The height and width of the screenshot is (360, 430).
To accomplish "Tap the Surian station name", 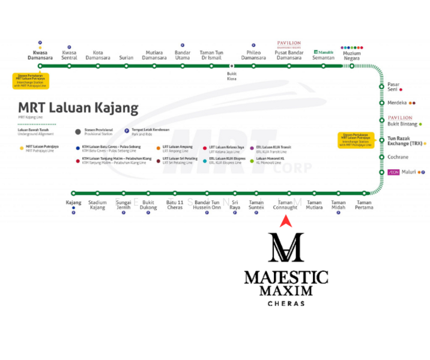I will point(126,58).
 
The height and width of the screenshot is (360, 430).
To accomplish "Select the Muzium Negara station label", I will point(352,55).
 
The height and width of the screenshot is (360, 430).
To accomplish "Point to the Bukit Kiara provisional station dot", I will point(232,66).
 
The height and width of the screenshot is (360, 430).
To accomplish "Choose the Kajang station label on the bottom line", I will point(73,203).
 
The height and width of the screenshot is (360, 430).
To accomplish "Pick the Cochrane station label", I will point(398,157).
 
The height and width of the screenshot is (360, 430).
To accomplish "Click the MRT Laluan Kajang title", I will point(79,109).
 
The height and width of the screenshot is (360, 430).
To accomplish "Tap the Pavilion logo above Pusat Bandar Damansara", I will point(289,44).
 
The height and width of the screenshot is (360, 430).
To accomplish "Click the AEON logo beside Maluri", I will point(394,172).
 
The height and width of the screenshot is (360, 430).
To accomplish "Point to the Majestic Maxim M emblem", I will point(285,248).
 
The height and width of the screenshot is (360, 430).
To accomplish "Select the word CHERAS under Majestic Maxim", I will point(286,304).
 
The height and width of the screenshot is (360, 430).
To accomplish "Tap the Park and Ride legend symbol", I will point(127,131).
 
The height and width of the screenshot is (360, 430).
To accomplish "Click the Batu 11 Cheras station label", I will point(175,205).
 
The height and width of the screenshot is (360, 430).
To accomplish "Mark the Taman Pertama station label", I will point(364,205).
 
